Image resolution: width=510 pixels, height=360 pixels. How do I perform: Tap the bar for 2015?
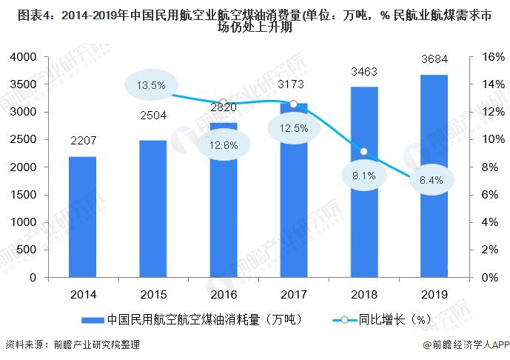[x=152, y=208]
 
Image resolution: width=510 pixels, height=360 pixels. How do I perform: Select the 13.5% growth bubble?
[x=151, y=85]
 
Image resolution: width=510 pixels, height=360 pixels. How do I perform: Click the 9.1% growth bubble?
[x=363, y=176]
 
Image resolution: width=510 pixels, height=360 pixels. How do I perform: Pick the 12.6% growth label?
[x=223, y=145]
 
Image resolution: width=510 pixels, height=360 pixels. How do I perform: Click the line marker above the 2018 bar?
[x=363, y=151]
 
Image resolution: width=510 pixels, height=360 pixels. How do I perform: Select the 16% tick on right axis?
[x=492, y=57]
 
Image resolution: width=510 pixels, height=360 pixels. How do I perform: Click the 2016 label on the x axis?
[x=223, y=295]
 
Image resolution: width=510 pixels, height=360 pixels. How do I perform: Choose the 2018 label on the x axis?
[x=363, y=295]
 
